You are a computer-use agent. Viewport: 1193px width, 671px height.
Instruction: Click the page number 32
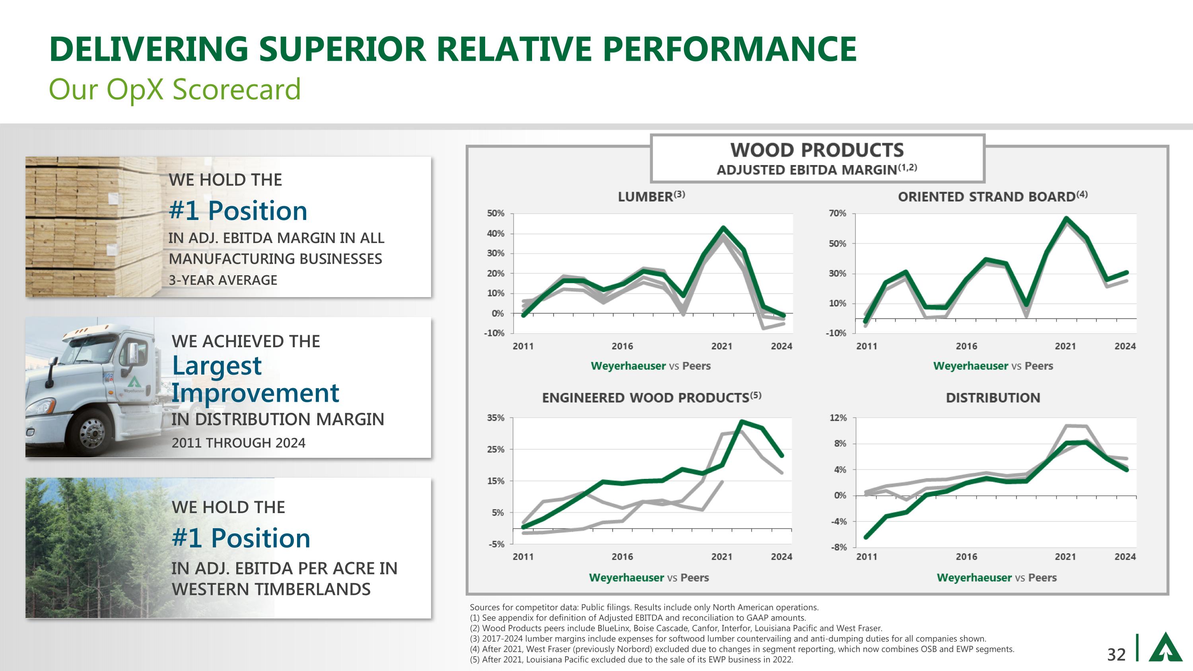click(x=1116, y=654)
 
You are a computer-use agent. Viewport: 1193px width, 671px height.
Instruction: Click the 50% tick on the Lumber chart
click(x=495, y=214)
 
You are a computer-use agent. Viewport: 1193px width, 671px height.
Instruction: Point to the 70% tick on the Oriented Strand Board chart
click(x=837, y=214)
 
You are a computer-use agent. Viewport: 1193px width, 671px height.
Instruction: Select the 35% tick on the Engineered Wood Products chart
click(x=495, y=418)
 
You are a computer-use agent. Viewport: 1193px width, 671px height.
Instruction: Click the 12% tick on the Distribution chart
click(x=838, y=418)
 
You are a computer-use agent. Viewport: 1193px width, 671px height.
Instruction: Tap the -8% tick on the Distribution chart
click(x=838, y=547)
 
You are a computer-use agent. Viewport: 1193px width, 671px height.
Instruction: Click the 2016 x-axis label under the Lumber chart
click(x=622, y=346)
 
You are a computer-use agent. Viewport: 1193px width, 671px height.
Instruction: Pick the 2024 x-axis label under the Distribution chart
click(x=1125, y=556)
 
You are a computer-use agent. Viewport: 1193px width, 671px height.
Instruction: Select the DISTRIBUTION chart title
click(x=993, y=397)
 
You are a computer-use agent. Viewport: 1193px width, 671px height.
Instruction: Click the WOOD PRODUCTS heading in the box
click(x=817, y=150)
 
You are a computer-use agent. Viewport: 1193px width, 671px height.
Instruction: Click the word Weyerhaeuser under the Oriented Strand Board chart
click(x=970, y=366)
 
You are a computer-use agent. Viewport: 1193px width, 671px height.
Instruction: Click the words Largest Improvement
click(x=255, y=379)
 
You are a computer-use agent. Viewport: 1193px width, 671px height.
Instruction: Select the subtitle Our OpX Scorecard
click(x=175, y=89)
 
